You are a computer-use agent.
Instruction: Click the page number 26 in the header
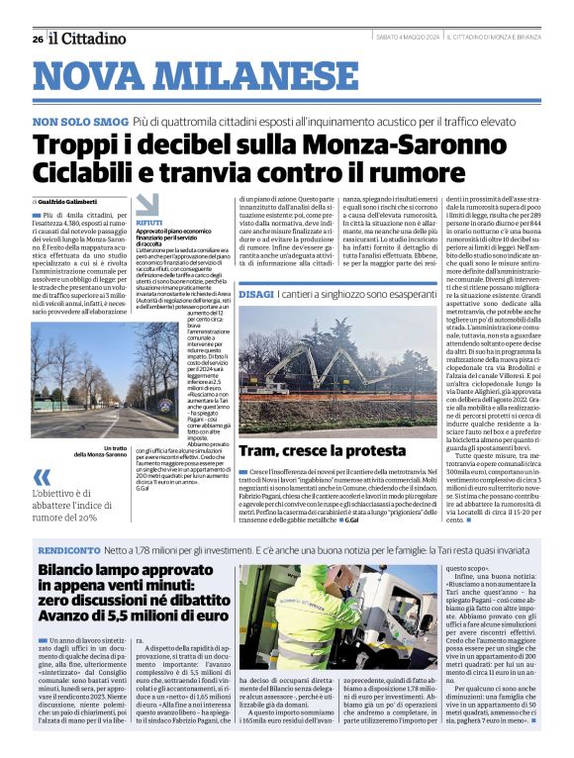(x=37, y=39)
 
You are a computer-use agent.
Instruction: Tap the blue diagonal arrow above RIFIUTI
(x=147, y=204)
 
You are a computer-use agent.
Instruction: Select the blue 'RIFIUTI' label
(x=150, y=225)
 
